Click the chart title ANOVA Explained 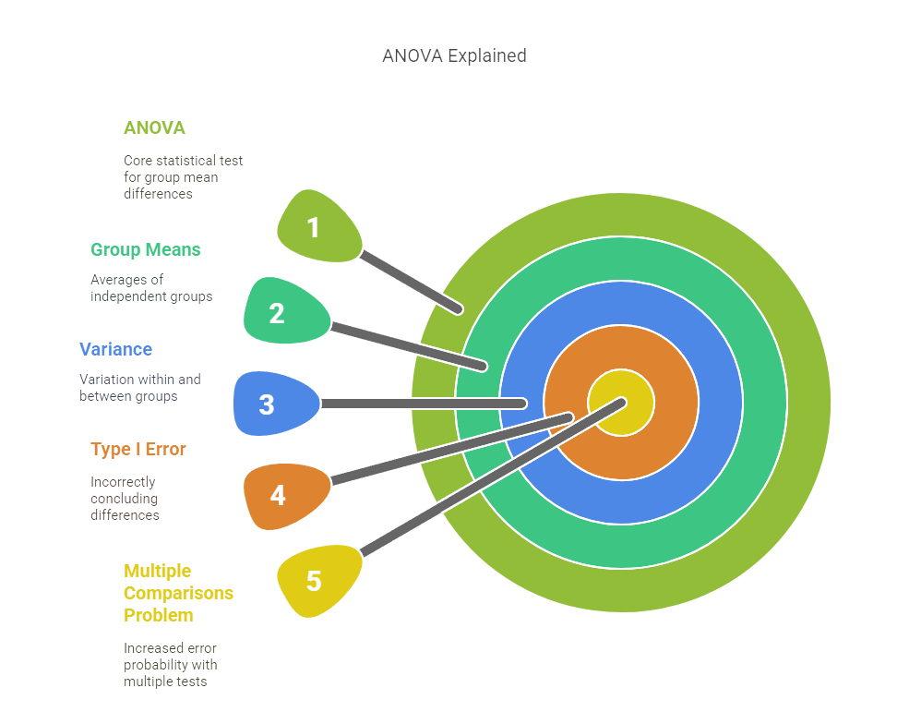pyautogui.click(x=454, y=55)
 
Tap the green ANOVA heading pyautogui.click(x=154, y=127)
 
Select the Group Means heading pyautogui.click(x=145, y=249)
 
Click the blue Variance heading pyautogui.click(x=115, y=349)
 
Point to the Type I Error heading pyautogui.click(x=138, y=449)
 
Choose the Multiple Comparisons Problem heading pyautogui.click(x=178, y=593)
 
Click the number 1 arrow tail pyautogui.click(x=317, y=225)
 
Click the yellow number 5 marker pyautogui.click(x=317, y=581)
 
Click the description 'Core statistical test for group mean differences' pyautogui.click(x=183, y=177)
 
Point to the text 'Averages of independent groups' pyautogui.click(x=151, y=288)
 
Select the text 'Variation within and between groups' pyautogui.click(x=139, y=387)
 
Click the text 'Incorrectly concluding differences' pyautogui.click(x=125, y=499)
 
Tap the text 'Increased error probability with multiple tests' pyautogui.click(x=170, y=665)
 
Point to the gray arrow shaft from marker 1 pyautogui.click(x=411, y=281)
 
